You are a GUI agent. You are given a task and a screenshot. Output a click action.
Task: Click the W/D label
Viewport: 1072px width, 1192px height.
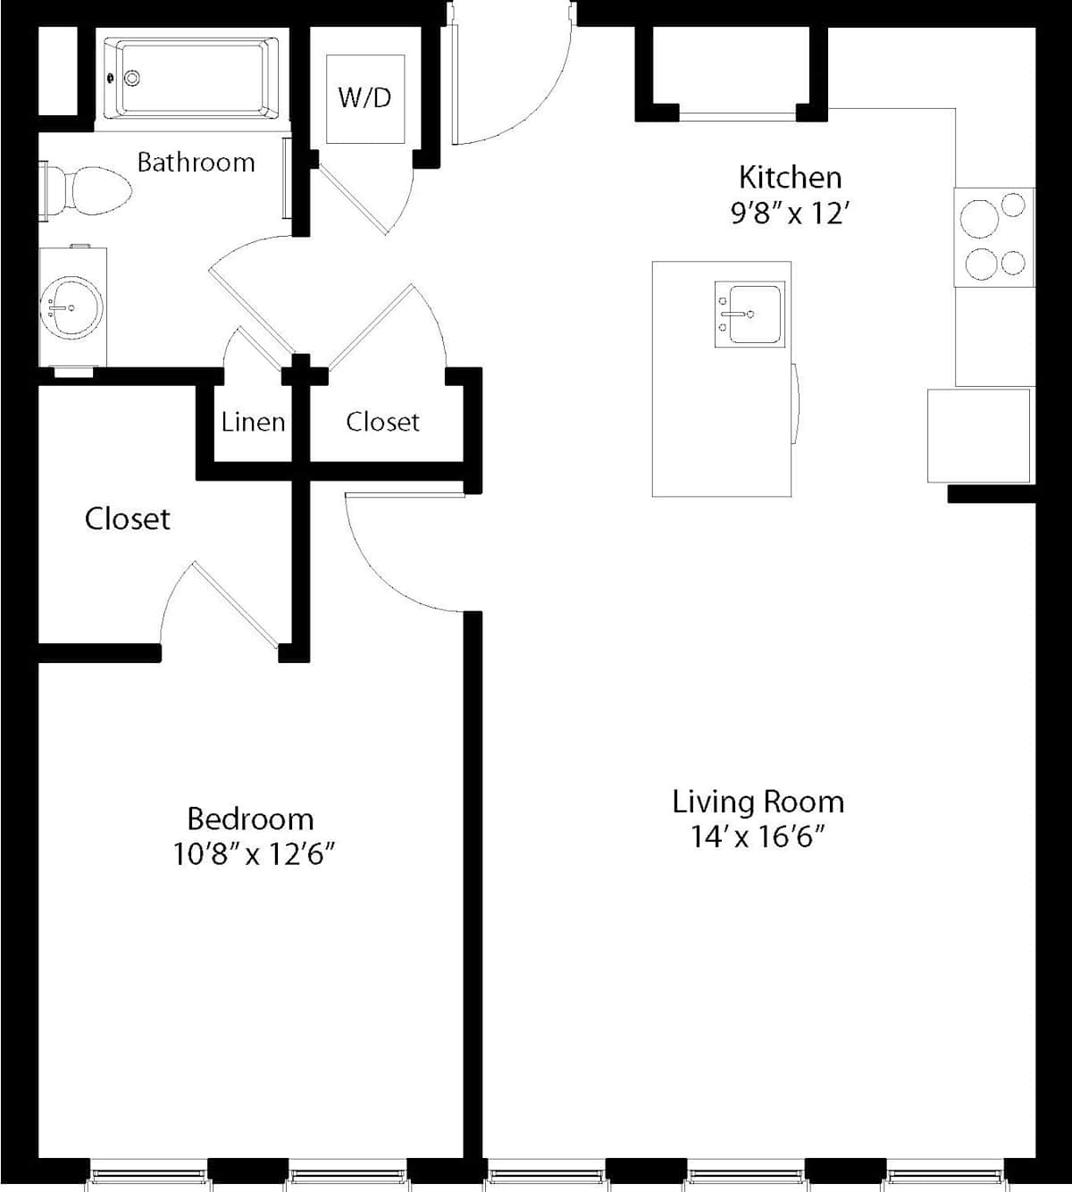(364, 98)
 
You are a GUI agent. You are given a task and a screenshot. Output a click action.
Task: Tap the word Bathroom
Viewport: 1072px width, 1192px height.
(197, 163)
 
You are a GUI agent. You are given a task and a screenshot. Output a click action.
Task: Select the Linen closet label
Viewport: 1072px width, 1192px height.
(253, 423)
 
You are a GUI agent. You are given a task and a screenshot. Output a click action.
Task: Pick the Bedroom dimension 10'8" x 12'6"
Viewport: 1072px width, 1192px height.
(254, 854)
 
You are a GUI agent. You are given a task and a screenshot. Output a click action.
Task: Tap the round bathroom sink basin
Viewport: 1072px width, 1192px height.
(71, 307)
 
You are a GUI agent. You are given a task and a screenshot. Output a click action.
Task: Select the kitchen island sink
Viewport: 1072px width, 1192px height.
(750, 315)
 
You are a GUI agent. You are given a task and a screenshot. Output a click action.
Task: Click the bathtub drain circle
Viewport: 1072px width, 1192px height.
(132, 78)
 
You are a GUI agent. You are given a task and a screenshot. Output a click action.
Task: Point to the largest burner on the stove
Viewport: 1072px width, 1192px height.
(979, 219)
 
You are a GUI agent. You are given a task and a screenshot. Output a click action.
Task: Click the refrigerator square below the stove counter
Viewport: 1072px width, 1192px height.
(979, 435)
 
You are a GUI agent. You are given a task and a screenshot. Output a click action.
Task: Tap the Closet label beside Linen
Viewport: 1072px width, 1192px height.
(382, 422)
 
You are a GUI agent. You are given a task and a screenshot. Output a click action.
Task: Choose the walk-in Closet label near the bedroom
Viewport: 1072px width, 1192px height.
(127, 519)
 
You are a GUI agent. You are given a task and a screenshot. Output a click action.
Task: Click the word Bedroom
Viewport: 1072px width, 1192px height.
(250, 818)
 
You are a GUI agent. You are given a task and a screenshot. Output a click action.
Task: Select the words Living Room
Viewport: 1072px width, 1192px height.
(758, 802)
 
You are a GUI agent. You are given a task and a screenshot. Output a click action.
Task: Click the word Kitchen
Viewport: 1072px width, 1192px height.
(791, 177)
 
